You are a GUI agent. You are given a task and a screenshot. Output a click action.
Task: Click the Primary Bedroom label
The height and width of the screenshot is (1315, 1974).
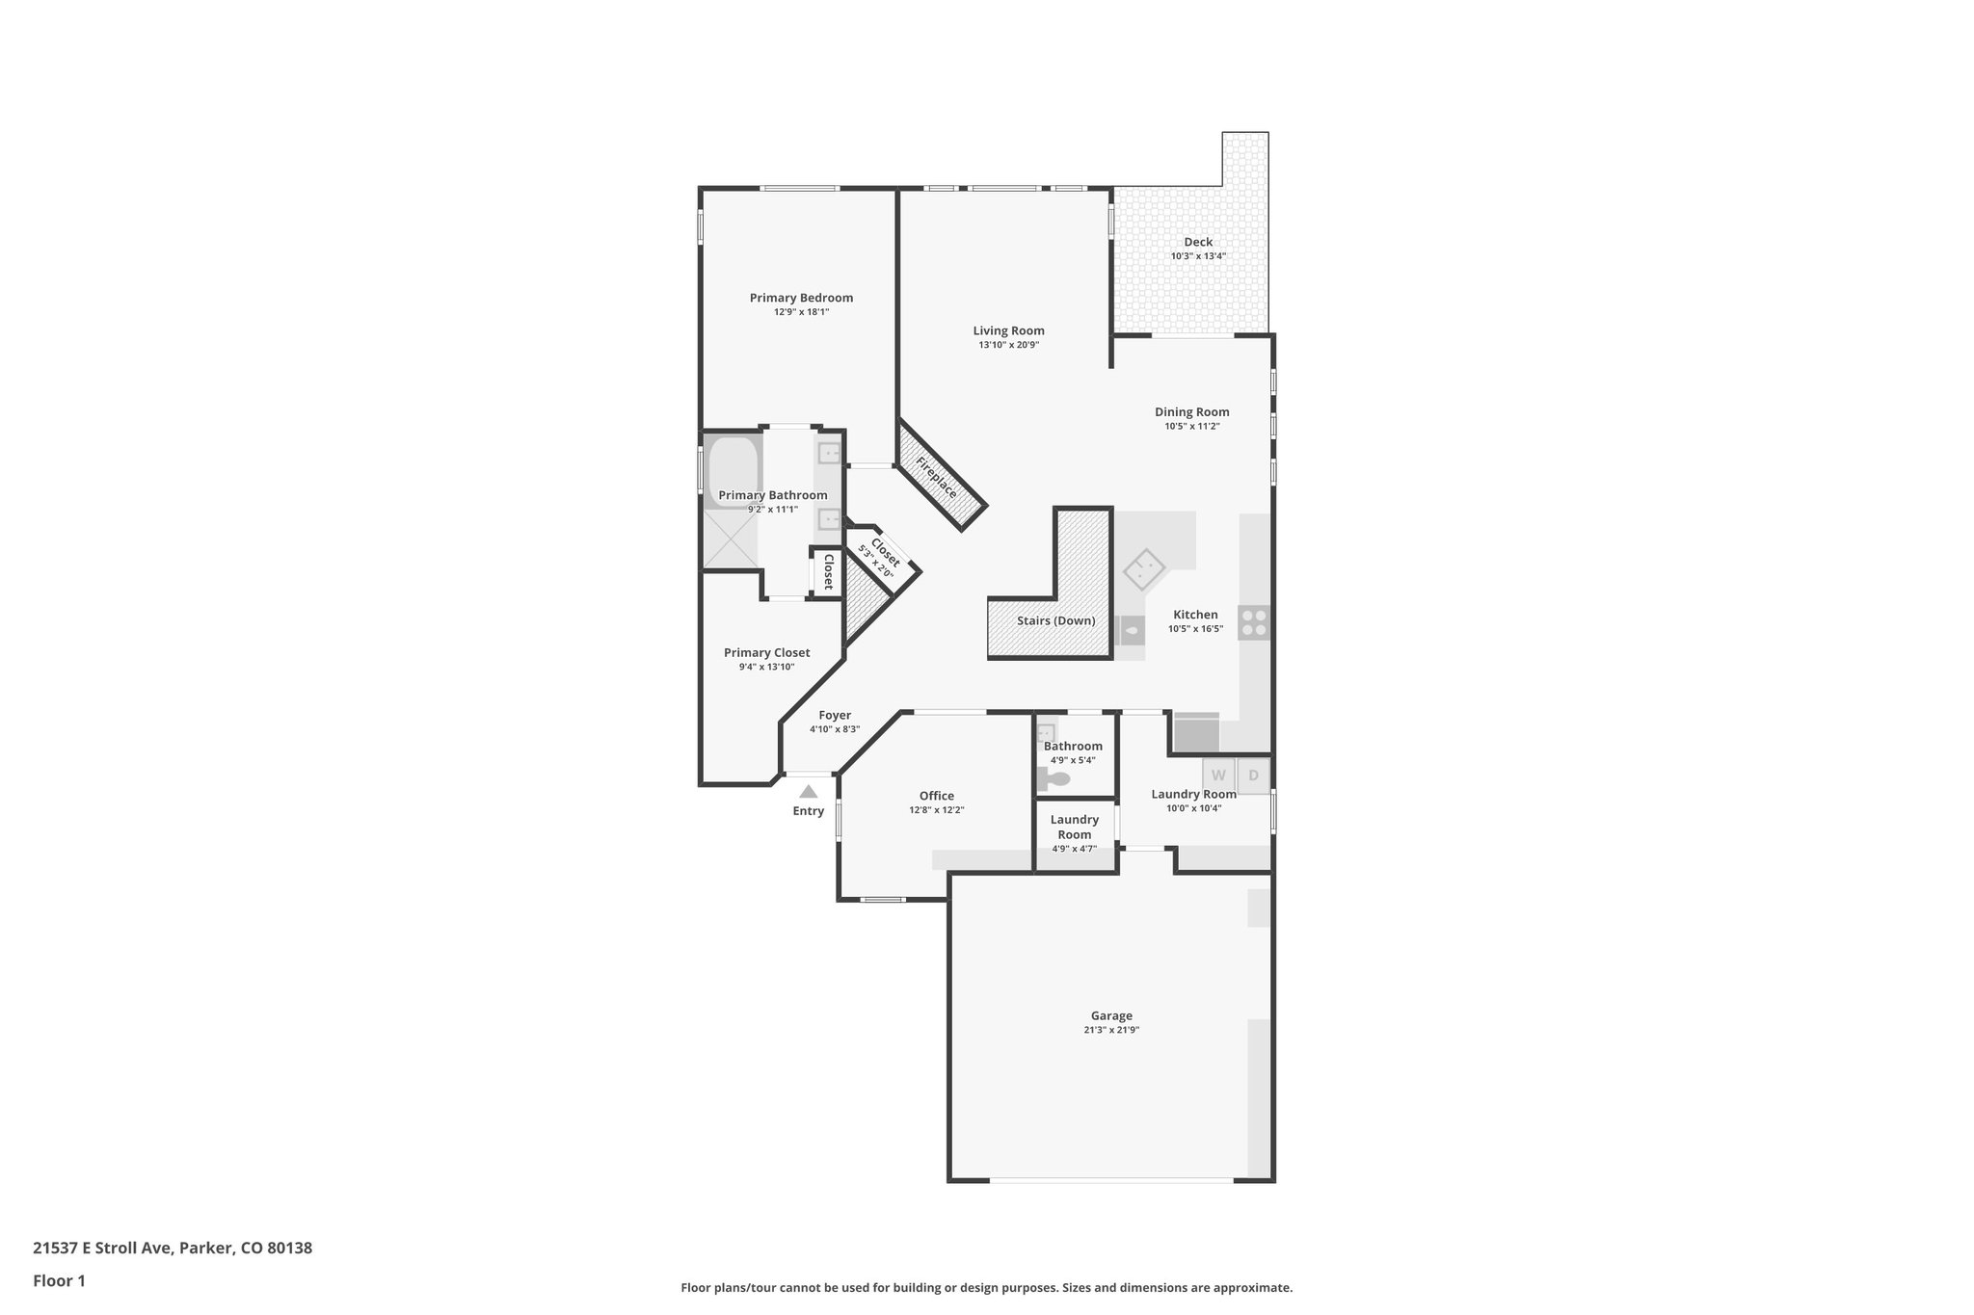tap(801, 298)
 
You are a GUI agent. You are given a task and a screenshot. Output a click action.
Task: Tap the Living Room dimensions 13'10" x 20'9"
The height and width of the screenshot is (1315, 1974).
tap(1008, 345)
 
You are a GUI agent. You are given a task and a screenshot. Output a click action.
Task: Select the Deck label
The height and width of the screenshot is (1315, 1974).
tap(1198, 242)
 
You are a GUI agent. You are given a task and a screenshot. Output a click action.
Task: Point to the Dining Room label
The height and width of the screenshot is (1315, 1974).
tap(1191, 412)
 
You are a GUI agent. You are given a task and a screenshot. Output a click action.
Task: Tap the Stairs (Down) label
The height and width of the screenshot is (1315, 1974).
tap(1055, 620)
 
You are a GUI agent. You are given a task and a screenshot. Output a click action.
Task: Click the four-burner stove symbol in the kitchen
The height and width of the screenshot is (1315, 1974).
tap(1253, 622)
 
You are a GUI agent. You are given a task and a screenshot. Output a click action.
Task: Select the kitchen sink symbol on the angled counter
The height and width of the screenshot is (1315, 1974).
tap(1144, 570)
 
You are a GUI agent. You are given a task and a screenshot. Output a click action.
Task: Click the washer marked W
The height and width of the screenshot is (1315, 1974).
tap(1218, 776)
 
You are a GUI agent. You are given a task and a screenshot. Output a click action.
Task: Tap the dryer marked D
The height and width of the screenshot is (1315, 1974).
tap(1253, 776)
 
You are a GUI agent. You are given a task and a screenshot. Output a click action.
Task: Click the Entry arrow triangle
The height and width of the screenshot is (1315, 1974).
tap(808, 792)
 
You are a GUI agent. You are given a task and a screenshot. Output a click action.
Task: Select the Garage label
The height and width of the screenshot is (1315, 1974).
tap(1110, 1015)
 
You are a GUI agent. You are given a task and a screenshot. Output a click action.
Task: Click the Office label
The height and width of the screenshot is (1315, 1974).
tap(936, 796)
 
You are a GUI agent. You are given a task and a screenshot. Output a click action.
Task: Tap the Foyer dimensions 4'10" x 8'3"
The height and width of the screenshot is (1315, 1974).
tap(834, 729)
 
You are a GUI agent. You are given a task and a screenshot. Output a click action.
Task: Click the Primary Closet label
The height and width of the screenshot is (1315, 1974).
tap(766, 652)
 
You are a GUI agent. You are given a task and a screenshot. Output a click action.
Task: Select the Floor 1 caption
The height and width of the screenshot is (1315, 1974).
tap(59, 1280)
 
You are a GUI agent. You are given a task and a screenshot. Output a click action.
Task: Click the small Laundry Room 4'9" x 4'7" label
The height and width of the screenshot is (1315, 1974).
tap(1074, 827)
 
